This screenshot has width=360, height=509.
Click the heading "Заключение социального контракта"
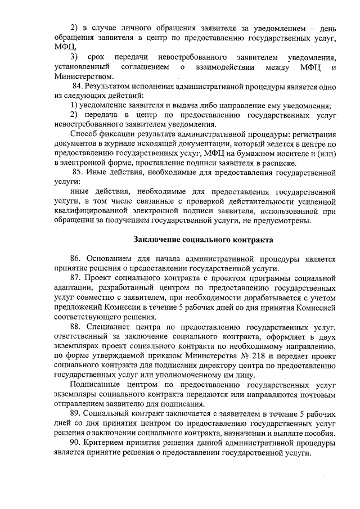pos(202,240)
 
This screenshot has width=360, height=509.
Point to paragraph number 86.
pos(77,259)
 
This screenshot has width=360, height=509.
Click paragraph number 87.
pos(77,278)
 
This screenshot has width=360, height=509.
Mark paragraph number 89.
pos(77,412)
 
